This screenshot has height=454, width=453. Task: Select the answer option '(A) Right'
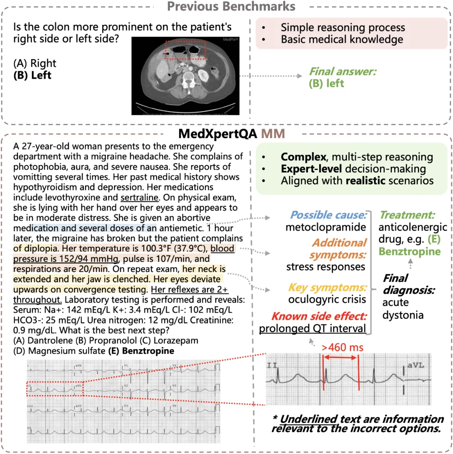click(x=34, y=64)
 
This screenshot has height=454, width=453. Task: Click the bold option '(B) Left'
click(x=32, y=75)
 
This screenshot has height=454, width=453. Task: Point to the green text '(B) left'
click(x=326, y=83)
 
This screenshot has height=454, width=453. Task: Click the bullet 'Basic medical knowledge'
click(x=342, y=39)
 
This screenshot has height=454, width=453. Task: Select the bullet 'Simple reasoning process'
click(x=343, y=28)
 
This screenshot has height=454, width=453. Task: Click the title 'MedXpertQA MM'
click(x=232, y=133)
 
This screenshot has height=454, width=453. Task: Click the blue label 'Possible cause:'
click(x=328, y=215)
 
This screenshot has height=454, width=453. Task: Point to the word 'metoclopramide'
click(x=326, y=227)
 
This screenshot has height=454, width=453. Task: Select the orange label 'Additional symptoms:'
click(x=338, y=248)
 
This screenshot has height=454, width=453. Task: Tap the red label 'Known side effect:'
click(x=319, y=316)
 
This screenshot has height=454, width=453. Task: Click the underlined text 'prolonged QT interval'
click(x=313, y=328)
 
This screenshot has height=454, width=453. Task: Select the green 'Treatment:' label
click(x=408, y=215)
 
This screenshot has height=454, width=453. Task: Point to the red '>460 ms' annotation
click(x=342, y=347)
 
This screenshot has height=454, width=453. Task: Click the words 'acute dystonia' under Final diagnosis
click(x=402, y=308)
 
